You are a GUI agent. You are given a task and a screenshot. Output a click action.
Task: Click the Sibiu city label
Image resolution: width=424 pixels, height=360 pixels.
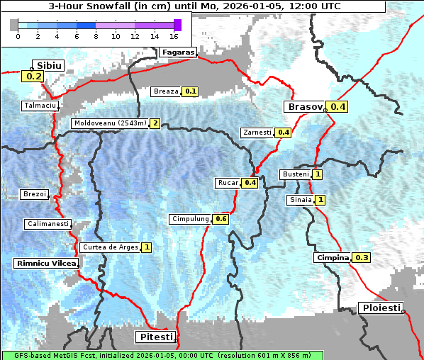tap(50, 65)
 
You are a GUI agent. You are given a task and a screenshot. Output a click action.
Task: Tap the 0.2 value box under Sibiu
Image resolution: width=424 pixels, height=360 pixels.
tap(33, 77)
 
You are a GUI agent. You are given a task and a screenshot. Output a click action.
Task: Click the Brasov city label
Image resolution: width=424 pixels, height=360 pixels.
tap(303, 107)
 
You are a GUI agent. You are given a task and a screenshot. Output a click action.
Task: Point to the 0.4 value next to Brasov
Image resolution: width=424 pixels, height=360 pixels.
tap(338, 107)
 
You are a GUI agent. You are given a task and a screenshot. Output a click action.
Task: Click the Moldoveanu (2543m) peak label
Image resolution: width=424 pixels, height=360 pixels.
tap(110, 123)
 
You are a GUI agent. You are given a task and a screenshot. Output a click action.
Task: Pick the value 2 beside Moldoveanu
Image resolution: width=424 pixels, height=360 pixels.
tap(155, 123)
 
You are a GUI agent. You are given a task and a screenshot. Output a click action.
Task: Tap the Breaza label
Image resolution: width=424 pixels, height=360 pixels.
tap(166, 91)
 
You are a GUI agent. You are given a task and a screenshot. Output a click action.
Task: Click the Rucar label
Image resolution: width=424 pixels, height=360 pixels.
tap(228, 183)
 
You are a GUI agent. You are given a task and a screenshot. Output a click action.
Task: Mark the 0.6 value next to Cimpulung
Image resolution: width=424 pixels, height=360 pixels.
tap(221, 219)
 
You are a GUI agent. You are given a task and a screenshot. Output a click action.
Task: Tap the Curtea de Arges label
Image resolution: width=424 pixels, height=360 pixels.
tap(109, 247)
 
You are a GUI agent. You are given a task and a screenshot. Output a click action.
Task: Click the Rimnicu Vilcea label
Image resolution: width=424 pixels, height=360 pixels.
tap(45, 263)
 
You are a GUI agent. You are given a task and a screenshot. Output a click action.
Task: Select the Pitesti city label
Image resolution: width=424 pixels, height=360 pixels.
tap(155, 337)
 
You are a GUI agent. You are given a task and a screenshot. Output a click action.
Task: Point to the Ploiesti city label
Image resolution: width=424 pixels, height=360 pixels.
tap(381, 308)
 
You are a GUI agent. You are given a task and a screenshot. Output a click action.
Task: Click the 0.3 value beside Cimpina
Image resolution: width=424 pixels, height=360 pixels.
tap(362, 258)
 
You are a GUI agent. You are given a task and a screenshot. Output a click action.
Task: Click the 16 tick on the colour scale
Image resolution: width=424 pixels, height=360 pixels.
tap(174, 35)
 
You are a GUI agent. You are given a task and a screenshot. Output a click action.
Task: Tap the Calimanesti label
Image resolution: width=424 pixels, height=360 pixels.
tap(48, 224)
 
